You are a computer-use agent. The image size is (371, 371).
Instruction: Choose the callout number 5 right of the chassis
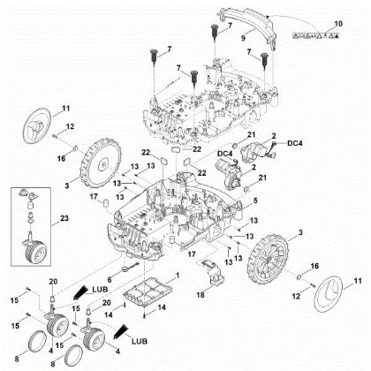point(257,201)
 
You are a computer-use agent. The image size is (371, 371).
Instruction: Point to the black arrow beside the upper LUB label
point(80,287)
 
